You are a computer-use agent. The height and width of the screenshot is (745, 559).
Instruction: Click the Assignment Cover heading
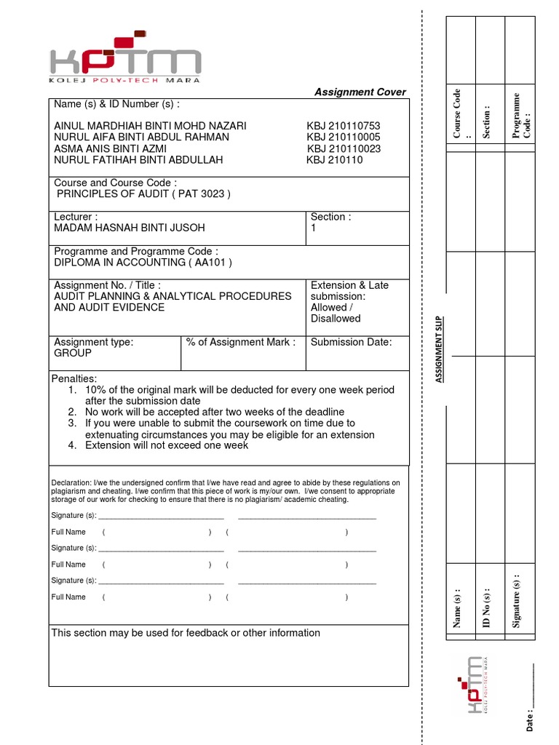(360, 92)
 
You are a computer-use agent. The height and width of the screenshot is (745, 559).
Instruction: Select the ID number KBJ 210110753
(343, 126)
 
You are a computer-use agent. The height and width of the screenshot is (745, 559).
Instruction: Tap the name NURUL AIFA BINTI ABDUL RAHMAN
(141, 137)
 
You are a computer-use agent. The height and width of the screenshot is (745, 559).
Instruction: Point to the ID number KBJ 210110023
(344, 148)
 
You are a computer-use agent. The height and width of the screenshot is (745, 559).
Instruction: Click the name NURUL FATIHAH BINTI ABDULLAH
(138, 159)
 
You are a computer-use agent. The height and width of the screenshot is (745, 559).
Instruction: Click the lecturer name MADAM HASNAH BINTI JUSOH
(130, 228)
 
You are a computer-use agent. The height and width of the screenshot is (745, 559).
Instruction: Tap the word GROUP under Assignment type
(73, 353)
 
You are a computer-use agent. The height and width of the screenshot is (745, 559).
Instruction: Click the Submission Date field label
(351, 342)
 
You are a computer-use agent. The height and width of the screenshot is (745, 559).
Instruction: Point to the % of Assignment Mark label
(241, 342)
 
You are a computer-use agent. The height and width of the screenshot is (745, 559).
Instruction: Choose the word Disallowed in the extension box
(335, 319)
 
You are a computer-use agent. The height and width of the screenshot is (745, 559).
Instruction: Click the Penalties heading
(74, 379)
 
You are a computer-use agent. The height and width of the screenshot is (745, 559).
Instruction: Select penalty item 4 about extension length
(167, 445)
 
